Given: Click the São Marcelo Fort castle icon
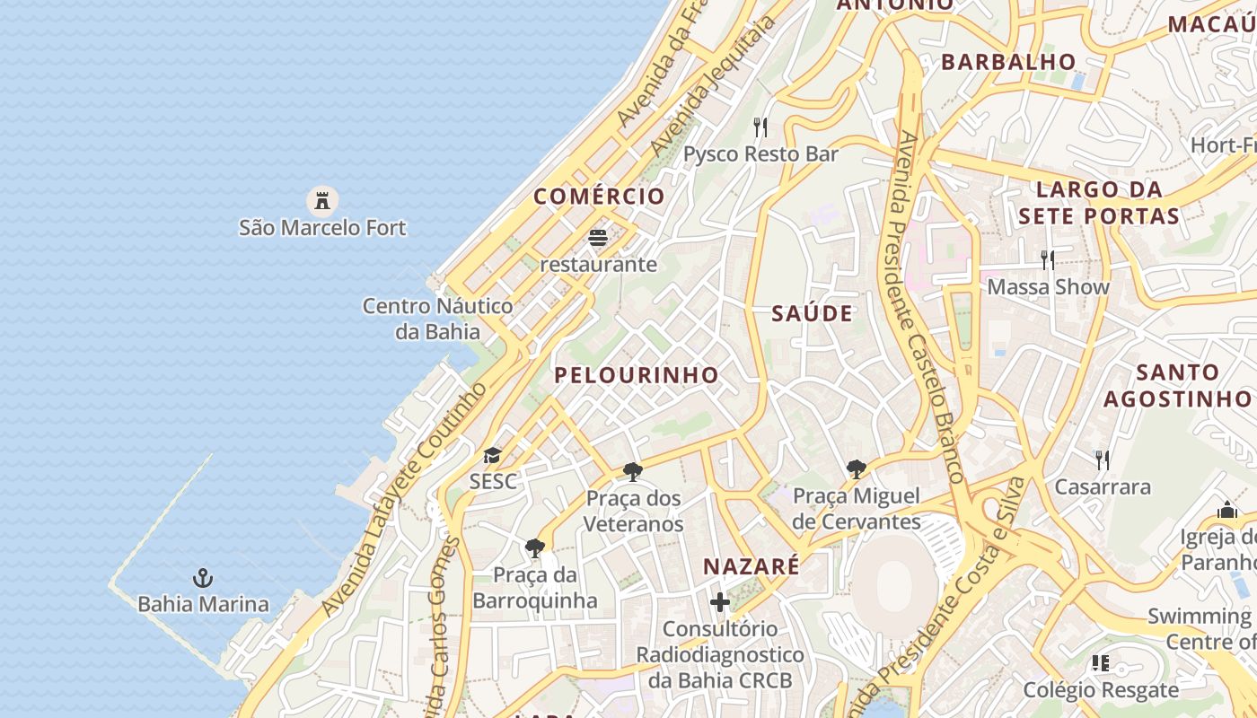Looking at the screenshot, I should coord(322,199).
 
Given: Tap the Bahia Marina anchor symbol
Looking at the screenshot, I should coord(204,577).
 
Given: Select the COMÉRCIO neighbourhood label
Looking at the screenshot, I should coord(600,197).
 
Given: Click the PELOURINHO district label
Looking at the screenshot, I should coord(637,375).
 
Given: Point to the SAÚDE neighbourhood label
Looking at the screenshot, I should coord(813,313).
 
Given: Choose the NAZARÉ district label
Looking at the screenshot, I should coord(751,566).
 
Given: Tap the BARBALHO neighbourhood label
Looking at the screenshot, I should coord(1008,62).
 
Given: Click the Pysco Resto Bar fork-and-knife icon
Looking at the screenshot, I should coord(760,127).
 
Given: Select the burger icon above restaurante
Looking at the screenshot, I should coord(598,238).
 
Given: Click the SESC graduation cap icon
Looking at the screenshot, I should coord(492,456).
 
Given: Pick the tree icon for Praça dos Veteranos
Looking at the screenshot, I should coord(633,471).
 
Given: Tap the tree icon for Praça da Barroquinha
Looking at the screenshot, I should coord(535,547).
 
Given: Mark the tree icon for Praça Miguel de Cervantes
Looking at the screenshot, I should coord(857,468).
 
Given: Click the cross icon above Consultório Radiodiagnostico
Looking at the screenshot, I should coord(720,601).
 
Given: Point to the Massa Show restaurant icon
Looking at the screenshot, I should coord(1048,260).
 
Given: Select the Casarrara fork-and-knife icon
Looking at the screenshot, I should coord(1103,460).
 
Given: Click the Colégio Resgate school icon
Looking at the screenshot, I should coord(1101,663).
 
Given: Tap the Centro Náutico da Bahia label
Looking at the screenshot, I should coord(438,319).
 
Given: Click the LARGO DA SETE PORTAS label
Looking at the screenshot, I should coord(1099,203).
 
